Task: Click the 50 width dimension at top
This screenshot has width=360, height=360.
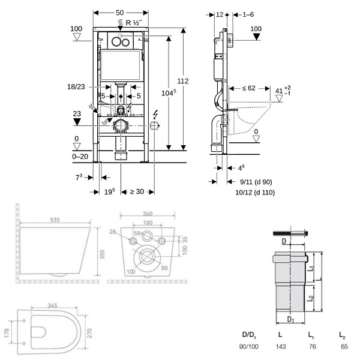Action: pyautogui.click(x=119, y=13)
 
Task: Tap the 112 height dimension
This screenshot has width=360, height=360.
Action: pyautogui.click(x=183, y=81)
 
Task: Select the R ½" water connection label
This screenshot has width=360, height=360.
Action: pyautogui.click(x=134, y=23)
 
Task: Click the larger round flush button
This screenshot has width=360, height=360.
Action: pyautogui.click(x=116, y=41)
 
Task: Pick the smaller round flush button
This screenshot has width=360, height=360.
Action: pyautogui.click(x=125, y=42)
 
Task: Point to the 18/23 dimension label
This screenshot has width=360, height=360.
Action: pyautogui.click(x=76, y=87)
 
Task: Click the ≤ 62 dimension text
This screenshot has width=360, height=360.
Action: pyautogui.click(x=248, y=88)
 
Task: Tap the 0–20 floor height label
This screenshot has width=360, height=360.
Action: pyautogui.click(x=80, y=157)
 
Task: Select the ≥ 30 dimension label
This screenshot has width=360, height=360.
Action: pyautogui.click(x=137, y=191)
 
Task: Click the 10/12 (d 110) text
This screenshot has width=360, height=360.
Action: pyautogui.click(x=255, y=193)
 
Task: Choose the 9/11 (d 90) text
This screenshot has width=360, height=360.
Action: pyautogui.click(x=256, y=182)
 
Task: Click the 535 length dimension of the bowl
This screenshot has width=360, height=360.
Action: pyautogui.click(x=55, y=220)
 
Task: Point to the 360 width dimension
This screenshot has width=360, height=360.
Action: pyautogui.click(x=148, y=214)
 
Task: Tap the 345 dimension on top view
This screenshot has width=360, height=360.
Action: pyautogui.click(x=52, y=305)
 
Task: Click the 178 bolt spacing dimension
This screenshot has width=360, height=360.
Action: pyautogui.click(x=7, y=333)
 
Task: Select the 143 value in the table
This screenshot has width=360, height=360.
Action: pyautogui.click(x=281, y=346)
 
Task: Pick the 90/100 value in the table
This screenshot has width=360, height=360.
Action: pyautogui.click(x=249, y=346)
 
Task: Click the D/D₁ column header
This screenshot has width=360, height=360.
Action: pyautogui.click(x=249, y=335)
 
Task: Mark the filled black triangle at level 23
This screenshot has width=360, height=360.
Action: pyautogui.click(x=77, y=122)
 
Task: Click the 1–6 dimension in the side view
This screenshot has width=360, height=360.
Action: pyautogui.click(x=248, y=14)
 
